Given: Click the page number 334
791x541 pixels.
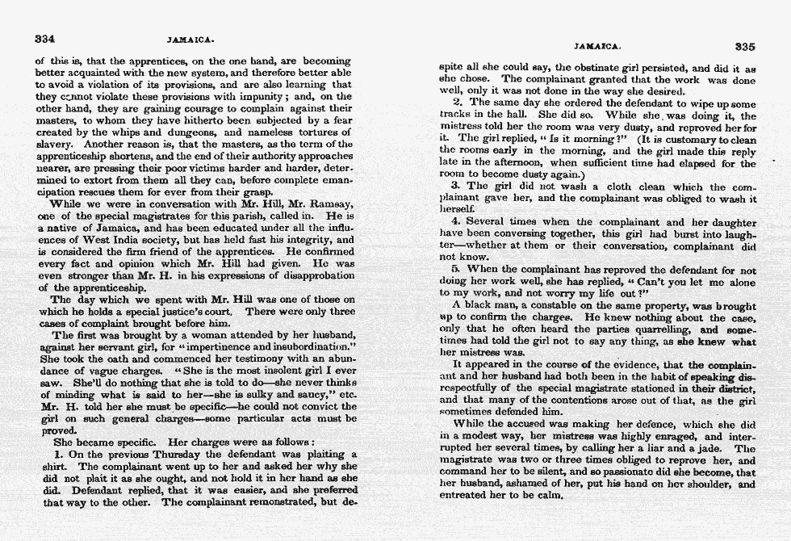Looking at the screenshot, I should [44, 38].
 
